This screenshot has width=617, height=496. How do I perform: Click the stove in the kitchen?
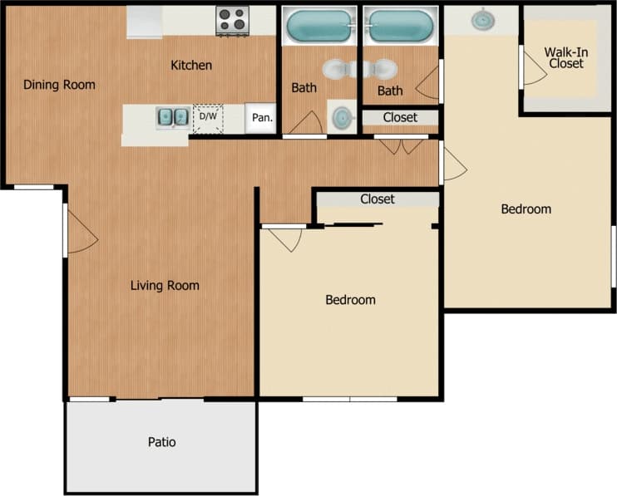click(x=233, y=21)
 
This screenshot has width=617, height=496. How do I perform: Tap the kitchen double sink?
click(x=172, y=117)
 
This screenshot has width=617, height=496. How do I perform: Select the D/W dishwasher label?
click(x=207, y=117)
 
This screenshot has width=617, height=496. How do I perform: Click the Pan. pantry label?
click(x=263, y=118)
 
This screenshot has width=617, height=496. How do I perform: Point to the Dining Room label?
click(x=59, y=85)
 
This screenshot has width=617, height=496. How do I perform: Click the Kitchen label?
click(x=191, y=65)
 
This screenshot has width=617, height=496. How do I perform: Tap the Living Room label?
click(x=165, y=286)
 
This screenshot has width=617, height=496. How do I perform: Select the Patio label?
click(x=162, y=442)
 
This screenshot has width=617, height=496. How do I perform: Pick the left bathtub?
click(x=320, y=27)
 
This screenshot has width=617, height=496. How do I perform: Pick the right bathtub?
click(x=401, y=26)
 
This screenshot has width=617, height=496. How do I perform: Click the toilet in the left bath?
click(x=338, y=70)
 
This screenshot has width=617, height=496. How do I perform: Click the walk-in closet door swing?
click(x=533, y=69)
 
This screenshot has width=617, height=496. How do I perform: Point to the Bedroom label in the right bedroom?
click(x=526, y=209)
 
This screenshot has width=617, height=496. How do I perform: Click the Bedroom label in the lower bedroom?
click(x=349, y=300)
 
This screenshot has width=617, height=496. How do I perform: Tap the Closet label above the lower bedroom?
click(x=377, y=199)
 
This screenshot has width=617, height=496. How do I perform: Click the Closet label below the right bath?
click(x=400, y=118)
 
